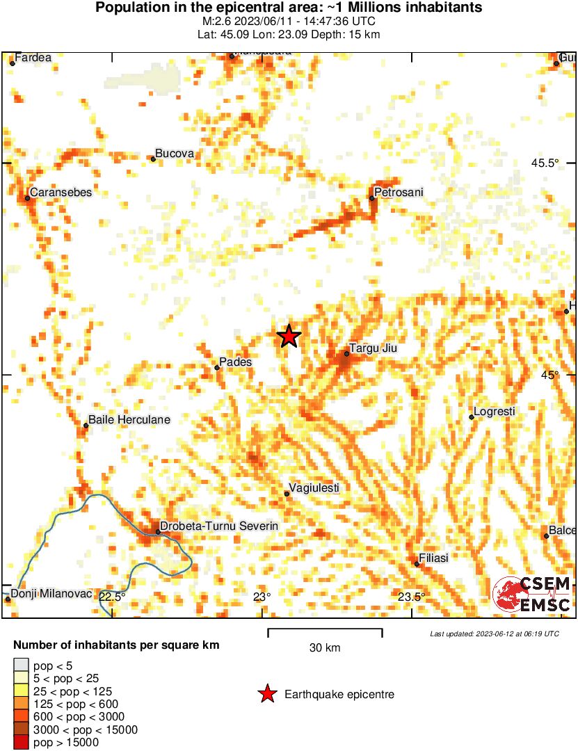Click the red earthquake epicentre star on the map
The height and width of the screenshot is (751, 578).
(x=289, y=337)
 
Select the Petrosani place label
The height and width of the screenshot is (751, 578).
(x=399, y=192)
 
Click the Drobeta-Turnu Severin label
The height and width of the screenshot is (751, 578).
(x=219, y=526)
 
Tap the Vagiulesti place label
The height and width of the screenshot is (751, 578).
(x=314, y=488)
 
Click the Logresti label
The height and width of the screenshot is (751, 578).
(x=495, y=412)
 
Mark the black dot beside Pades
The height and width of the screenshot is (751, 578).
(x=217, y=367)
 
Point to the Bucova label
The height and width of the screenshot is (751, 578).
(x=174, y=153)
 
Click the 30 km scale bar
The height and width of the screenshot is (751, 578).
(x=325, y=631)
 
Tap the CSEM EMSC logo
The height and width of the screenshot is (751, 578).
(x=532, y=595)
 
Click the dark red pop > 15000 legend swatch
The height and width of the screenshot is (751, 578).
(x=22, y=743)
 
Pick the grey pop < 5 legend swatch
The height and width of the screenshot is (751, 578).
(x=22, y=666)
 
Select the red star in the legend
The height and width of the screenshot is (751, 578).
(x=266, y=694)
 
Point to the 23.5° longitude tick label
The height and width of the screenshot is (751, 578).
(x=412, y=597)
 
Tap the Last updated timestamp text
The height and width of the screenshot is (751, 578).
(x=495, y=633)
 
